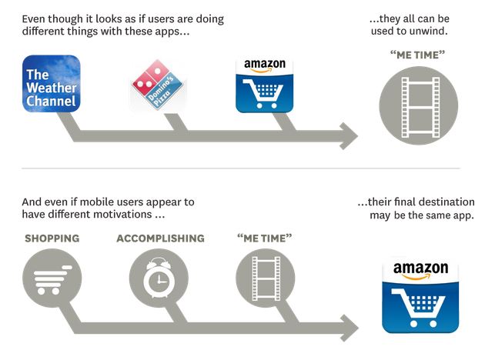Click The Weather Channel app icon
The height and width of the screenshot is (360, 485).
tap(52, 84)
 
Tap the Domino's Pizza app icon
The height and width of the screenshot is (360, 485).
tap(158, 86)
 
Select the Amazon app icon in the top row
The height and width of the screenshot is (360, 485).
tap(265, 85)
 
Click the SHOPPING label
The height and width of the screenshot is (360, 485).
tap(52, 238)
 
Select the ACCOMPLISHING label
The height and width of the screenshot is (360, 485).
tap(160, 238)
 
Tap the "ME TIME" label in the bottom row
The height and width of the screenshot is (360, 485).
tap(265, 238)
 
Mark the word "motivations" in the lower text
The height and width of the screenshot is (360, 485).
tap(120, 215)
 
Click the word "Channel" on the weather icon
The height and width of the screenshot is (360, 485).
tap(52, 102)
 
